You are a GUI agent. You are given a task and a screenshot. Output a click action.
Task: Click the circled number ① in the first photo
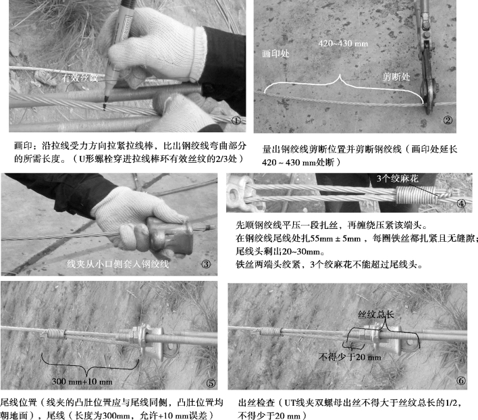click(237, 121)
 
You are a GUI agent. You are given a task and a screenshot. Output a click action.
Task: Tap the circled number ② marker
click(448, 120)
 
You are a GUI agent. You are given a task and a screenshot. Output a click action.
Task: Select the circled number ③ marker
click(206, 264)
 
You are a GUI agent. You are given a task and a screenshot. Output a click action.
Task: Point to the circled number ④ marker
click(461, 203)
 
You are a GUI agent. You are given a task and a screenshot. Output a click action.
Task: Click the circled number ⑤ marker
click(211, 383)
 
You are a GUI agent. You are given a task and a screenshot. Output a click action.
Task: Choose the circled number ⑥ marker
click(461, 381)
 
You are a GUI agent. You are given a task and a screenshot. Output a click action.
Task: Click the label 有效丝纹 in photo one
click(80, 78)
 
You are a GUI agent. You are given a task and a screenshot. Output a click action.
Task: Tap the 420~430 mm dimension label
click(343, 44)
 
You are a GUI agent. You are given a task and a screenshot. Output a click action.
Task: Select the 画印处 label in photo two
click(275, 54)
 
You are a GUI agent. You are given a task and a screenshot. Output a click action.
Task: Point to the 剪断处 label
click(396, 77)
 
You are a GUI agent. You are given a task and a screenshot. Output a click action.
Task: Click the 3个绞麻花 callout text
click(397, 178)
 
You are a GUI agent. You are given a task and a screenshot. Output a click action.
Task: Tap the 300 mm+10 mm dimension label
click(82, 382)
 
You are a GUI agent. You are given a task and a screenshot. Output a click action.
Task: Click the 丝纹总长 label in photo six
click(376, 314)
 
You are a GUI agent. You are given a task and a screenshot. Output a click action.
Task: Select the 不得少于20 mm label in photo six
click(350, 357)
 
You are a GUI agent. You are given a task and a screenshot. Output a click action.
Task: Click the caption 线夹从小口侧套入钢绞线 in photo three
click(117, 264)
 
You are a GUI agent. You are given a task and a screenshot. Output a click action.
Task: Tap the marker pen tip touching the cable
click(106, 100)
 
